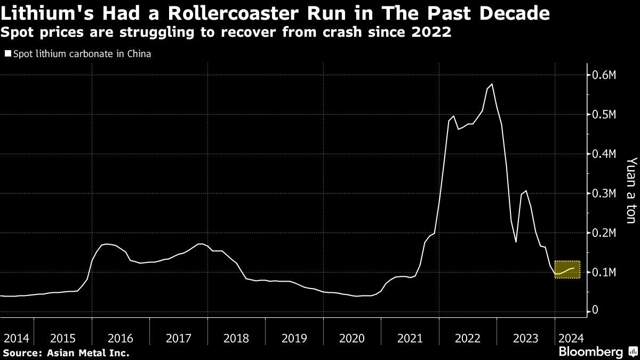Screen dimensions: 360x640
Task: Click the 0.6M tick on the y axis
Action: tap(604, 75)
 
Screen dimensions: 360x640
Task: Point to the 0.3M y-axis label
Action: tap(604, 193)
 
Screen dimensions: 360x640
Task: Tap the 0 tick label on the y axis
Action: tap(596, 310)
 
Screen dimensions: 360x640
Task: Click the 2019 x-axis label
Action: tap(294, 338)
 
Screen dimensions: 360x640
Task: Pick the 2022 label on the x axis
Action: tap(468, 338)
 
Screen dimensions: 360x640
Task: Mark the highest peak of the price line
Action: tap(491, 84)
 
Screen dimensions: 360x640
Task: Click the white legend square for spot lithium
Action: tap(7, 53)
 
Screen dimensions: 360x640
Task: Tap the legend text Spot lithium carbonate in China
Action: tap(82, 53)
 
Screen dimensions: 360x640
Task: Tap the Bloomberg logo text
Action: tap(590, 351)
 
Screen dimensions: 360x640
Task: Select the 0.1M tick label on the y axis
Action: tap(604, 272)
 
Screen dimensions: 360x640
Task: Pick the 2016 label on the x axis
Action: tap(120, 338)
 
